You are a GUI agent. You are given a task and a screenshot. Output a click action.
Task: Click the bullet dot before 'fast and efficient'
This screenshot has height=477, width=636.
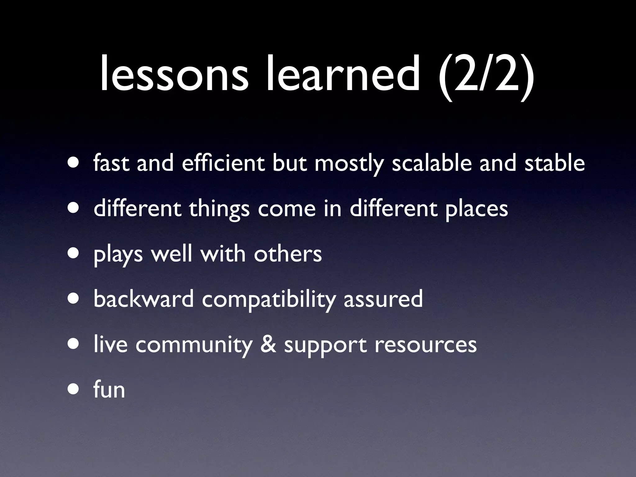pos(74,163)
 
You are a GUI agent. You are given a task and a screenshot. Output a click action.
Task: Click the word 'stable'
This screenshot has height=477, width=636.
pos(555,163)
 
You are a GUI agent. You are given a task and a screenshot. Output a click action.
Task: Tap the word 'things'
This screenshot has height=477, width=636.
pos(219,209)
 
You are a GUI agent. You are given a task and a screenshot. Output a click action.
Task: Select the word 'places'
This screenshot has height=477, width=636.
pos(477,209)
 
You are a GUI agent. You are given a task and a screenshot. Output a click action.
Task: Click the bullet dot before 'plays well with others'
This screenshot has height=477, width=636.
pos(74,254)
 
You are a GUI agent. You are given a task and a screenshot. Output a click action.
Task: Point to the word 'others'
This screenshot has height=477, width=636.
pos(288,254)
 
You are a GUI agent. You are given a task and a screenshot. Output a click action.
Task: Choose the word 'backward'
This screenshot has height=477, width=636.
pos(143,299)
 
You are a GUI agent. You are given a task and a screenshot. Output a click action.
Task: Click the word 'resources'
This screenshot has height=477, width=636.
pos(425,345)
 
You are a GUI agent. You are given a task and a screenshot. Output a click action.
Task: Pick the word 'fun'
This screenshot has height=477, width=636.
pos(109,389)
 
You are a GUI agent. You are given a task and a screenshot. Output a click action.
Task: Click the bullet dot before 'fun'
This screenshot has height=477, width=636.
pos(74,390)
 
